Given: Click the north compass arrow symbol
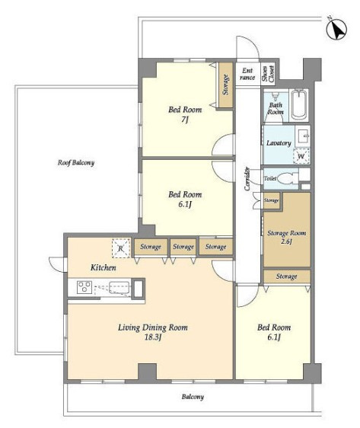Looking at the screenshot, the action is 336,28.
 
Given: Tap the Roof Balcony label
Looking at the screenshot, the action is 76,163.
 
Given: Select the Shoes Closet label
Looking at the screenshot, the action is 268,74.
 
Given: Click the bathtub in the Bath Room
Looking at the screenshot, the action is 299,105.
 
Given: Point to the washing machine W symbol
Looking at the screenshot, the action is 301,156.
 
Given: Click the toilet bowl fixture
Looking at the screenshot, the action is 288,179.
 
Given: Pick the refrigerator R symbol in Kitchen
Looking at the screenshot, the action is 120,248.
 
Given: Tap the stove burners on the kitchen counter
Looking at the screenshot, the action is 84,287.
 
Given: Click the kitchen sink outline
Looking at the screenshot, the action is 119,287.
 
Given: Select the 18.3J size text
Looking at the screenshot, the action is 153,337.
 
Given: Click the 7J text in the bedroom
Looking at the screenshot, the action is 185,120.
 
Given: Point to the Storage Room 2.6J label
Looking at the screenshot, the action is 286,237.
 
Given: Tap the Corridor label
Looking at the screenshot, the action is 247,178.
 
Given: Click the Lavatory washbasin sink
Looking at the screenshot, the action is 303,136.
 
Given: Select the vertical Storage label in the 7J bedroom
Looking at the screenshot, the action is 225,85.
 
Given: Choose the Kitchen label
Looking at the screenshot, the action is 103,267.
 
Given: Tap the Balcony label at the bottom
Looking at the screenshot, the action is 193,397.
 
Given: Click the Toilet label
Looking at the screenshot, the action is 270,178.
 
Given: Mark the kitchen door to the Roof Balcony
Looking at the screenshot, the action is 56,264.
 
